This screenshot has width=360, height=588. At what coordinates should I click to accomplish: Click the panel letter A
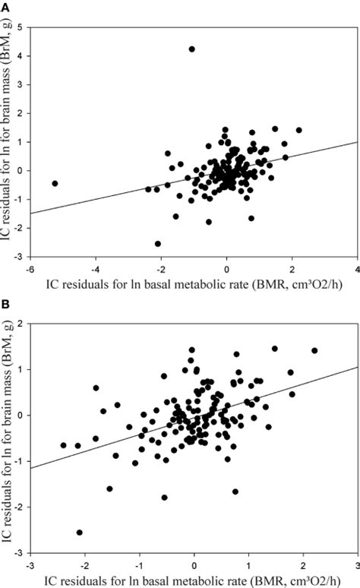tap(5, 6)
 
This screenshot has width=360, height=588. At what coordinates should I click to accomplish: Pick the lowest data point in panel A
tap(158, 244)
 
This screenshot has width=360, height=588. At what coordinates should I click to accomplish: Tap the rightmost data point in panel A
tap(298, 130)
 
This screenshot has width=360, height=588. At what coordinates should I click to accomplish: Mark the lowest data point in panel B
tap(80, 533)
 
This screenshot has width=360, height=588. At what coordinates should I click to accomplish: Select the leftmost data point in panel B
tap(63, 445)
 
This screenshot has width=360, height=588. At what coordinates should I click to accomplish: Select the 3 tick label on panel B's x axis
tap(356, 565)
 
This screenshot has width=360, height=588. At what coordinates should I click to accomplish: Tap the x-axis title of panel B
tap(194, 579)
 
